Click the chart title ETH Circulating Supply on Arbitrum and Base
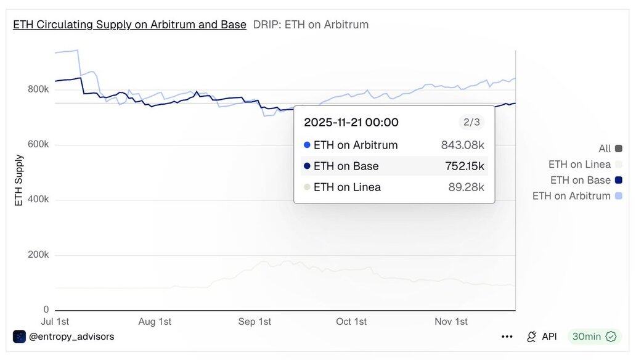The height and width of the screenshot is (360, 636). [x=129, y=25]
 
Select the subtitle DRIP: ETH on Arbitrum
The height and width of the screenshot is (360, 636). [x=311, y=25]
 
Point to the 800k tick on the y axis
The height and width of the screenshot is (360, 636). [x=38, y=89]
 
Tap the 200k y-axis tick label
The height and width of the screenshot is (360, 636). [x=38, y=255]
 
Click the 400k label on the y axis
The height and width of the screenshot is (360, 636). [x=38, y=200]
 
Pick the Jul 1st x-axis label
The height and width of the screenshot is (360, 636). [x=55, y=322]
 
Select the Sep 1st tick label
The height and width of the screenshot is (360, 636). [x=255, y=322]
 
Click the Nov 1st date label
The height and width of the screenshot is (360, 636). [x=451, y=322]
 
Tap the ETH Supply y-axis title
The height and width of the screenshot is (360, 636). [x=19, y=181]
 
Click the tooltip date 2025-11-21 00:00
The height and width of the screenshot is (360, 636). [x=351, y=122]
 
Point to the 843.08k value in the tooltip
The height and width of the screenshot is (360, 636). [x=462, y=145]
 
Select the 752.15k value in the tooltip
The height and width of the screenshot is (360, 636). [x=465, y=166]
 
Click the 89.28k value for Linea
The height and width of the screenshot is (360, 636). [x=466, y=187]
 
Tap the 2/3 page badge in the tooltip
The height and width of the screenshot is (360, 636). [x=471, y=122]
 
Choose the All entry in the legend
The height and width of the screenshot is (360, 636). [x=605, y=149]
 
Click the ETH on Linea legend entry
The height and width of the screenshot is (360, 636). [x=579, y=165]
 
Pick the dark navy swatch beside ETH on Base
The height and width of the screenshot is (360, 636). [x=618, y=180]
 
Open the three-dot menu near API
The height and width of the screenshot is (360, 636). [x=507, y=337]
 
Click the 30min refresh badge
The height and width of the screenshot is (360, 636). [x=594, y=337]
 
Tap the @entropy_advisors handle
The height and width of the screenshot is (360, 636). [x=71, y=337]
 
